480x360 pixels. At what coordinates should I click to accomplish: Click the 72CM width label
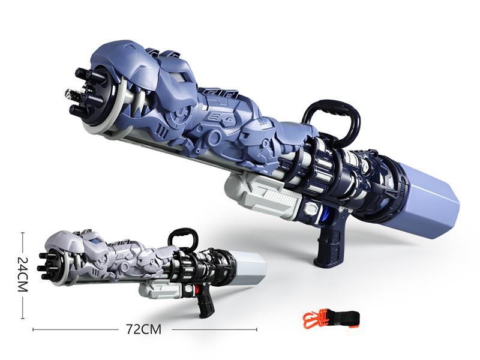(x=143, y=329)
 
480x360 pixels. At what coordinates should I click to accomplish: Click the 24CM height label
(x=22, y=275)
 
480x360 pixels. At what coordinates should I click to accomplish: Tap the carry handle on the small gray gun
(x=182, y=238)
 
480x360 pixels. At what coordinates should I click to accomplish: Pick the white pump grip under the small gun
(x=159, y=290)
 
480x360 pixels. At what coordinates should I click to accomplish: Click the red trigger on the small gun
(x=196, y=291)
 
